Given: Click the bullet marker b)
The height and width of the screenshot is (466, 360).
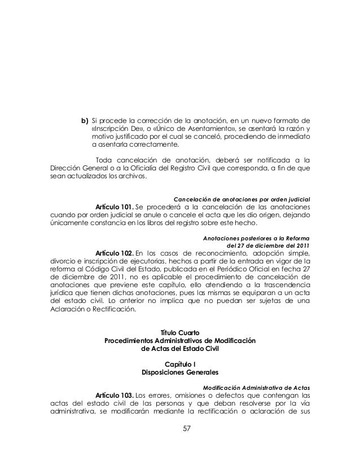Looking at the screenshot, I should pos(85,120).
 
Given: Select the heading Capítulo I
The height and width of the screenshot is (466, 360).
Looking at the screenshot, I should pos(180,364).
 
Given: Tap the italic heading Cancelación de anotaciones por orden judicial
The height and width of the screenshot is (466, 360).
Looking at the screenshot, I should pos(242,200).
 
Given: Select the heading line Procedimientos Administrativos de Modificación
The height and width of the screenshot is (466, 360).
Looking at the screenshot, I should pos(180,341).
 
